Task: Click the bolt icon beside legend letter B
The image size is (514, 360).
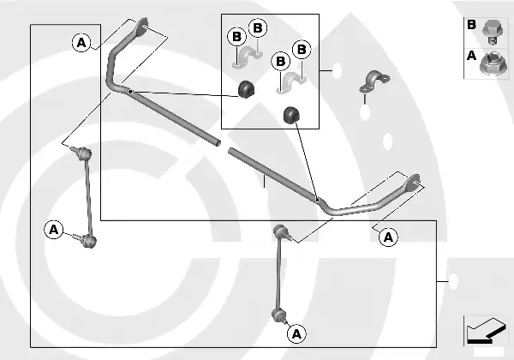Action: pos(492,32)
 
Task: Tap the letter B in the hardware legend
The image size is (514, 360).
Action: pos(471,25)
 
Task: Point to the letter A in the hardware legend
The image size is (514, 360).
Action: pos(471,56)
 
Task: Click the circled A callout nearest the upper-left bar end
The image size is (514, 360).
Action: pos(81,43)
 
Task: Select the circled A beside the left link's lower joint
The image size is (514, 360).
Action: pos(54,230)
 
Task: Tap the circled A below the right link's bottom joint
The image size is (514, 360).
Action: pos(296,334)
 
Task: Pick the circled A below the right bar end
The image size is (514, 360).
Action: pos(388,237)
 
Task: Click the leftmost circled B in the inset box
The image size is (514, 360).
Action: pos(236,37)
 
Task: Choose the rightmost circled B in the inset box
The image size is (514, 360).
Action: pos(302,50)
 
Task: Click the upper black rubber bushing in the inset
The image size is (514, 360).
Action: pos(247,88)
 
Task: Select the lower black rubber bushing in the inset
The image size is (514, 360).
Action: pos(291,115)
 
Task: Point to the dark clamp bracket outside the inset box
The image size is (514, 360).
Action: pos(374,81)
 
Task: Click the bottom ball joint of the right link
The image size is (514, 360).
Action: pos(279,315)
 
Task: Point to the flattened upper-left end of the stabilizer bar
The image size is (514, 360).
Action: pos(141,27)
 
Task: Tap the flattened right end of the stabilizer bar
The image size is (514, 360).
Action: pos(413,183)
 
